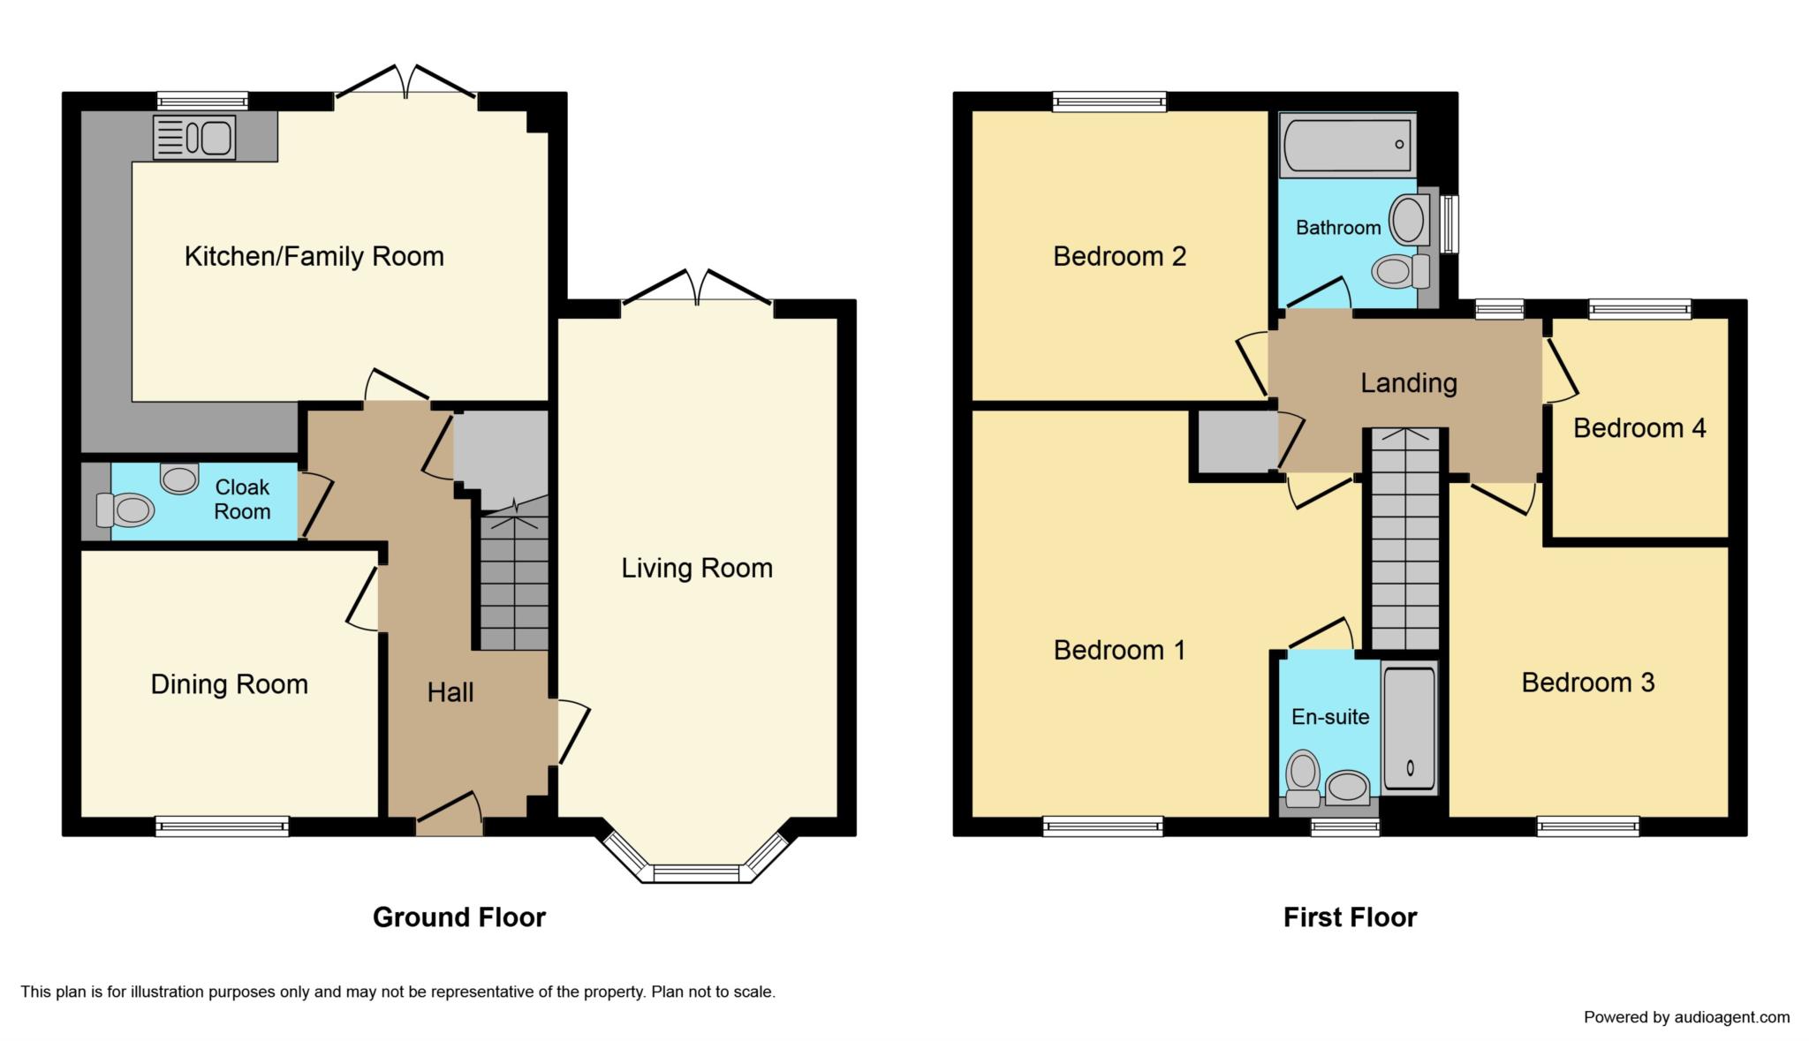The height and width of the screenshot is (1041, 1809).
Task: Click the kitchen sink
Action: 194,138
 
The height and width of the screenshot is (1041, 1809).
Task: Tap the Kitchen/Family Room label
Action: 314,257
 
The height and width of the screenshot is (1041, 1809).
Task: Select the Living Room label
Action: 697,568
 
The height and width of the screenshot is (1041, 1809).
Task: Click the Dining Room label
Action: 229,684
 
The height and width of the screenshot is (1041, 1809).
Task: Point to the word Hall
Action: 450,693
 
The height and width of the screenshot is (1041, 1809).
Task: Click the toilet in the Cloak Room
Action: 125,509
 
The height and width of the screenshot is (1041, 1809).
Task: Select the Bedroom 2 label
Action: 1119,257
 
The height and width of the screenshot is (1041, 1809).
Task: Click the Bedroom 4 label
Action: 1639,428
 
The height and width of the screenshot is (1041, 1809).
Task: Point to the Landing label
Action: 1408,383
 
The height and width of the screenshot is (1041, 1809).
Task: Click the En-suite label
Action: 1330,717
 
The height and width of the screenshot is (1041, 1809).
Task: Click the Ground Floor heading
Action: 459,917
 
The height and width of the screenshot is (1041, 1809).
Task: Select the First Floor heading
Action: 1350,917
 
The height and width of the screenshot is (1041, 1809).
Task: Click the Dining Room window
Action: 222,826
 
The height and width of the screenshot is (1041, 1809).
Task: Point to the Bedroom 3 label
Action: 1587,683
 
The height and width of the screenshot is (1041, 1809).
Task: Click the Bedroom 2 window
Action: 1109,102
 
